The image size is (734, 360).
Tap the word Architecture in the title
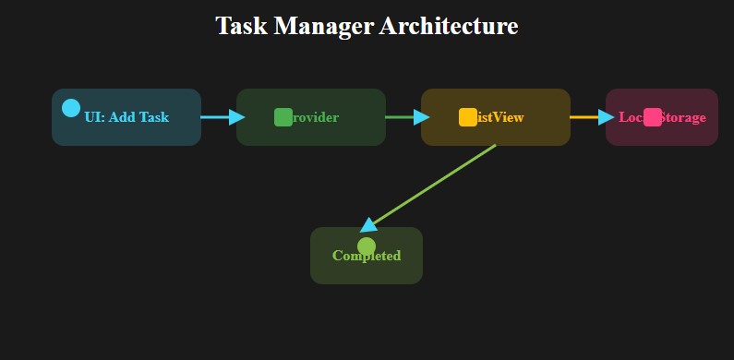pyautogui.click(x=448, y=26)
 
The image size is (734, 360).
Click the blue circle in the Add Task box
pyautogui.click(x=71, y=108)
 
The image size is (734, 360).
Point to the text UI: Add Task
pyautogui.click(x=126, y=117)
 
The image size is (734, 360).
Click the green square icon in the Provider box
pyautogui.click(x=283, y=117)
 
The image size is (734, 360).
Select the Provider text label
pyautogui.click(x=316, y=117)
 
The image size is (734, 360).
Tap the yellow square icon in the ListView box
pyautogui.click(x=468, y=117)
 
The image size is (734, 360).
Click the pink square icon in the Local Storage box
pyautogui.click(x=653, y=117)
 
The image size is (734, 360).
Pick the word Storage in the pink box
pyautogui.click(x=684, y=117)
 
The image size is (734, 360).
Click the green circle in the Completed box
pyautogui.click(x=367, y=246)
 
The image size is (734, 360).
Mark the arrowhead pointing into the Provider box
pyautogui.click(x=237, y=117)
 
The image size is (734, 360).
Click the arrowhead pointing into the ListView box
pyautogui.click(x=422, y=117)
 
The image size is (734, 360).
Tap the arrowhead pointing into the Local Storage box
pyautogui.click(x=607, y=117)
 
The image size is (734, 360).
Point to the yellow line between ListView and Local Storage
pyautogui.click(x=584, y=117)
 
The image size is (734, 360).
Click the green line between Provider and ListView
pyautogui.click(x=398, y=117)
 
